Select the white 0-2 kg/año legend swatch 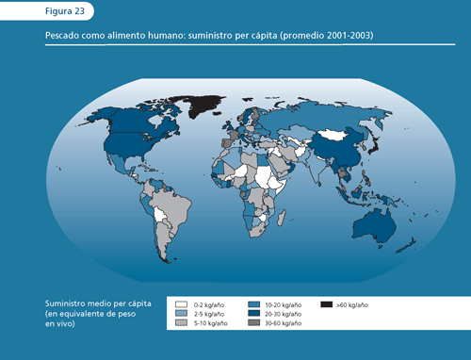point(181,305)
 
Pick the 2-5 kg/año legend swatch point(181,314)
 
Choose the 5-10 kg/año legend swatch point(181,323)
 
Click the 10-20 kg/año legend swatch point(253,305)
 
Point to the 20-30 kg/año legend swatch point(253,314)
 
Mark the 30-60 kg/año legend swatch point(253,323)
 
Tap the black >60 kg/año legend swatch point(326,305)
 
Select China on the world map point(334,149)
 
